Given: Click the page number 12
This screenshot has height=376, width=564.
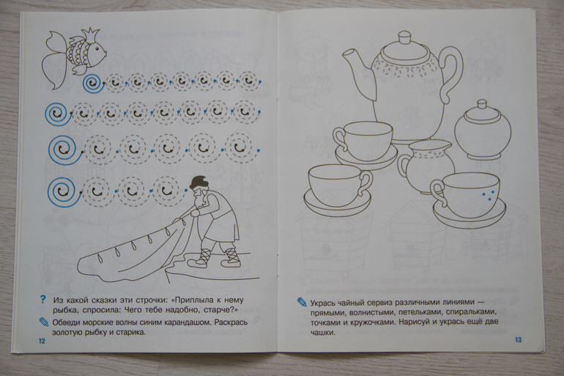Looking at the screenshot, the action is pyautogui.click(x=42, y=341).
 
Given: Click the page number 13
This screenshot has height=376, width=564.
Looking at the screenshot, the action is pyautogui.click(x=518, y=339).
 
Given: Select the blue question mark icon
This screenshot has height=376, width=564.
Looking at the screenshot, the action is pyautogui.click(x=43, y=299).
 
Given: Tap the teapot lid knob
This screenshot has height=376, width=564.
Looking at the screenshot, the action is pyautogui.click(x=405, y=37).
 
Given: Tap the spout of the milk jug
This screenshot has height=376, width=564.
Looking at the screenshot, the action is pyautogui.click(x=446, y=144).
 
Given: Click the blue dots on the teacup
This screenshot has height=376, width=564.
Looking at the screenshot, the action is pyautogui.click(x=487, y=194).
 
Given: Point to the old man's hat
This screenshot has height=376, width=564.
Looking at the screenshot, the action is pyautogui.click(x=197, y=183).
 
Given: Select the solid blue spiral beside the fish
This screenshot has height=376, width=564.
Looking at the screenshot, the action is pyautogui.click(x=94, y=84).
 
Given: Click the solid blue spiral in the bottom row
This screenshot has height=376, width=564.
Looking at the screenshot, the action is pyautogui.click(x=66, y=193).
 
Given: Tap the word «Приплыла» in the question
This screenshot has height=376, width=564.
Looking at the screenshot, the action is pyautogui.click(x=195, y=299).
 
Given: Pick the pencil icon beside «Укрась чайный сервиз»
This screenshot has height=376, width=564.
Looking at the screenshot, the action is pyautogui.click(x=302, y=301).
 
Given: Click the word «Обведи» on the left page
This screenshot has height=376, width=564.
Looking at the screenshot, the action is pyautogui.click(x=66, y=322).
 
